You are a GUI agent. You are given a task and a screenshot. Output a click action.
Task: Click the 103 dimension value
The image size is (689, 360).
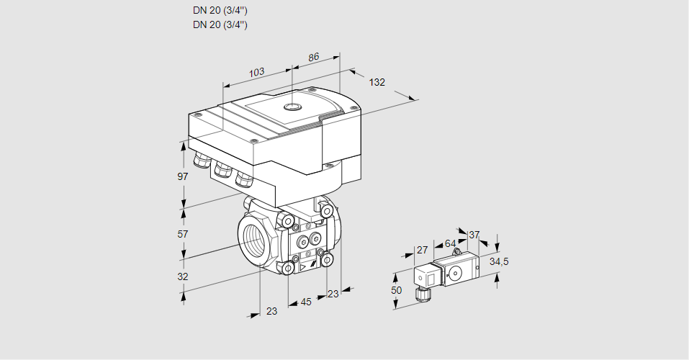pyautogui.click(x=256, y=72)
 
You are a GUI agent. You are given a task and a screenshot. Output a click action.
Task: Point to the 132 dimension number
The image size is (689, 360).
pyautogui.click(x=377, y=82)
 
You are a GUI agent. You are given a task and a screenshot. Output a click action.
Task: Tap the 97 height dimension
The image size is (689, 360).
pyautogui.click(x=183, y=176)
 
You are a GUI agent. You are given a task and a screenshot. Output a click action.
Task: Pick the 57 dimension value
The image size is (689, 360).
pyautogui.click(x=183, y=234)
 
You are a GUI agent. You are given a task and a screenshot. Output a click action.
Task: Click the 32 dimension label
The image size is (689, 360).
pyautogui.click(x=183, y=276)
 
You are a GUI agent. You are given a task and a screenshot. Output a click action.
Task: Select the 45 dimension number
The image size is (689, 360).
pyautogui.click(x=306, y=302)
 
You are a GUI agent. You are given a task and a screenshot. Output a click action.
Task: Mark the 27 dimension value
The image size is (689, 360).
pyautogui.click(x=423, y=250)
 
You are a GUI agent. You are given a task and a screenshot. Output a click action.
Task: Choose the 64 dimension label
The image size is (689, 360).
pyautogui.click(x=450, y=243)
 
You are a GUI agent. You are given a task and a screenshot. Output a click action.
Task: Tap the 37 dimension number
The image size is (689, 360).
pyautogui.click(x=474, y=235)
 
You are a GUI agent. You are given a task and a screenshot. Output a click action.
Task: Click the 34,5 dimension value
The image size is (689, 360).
pyautogui.click(x=499, y=261)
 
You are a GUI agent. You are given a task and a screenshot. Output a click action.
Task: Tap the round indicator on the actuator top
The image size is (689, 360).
pyautogui.click(x=292, y=107)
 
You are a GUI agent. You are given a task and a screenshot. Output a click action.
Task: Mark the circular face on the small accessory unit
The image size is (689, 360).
pyautogui.click(x=455, y=274)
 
